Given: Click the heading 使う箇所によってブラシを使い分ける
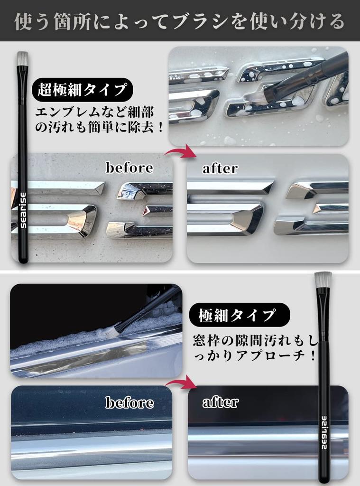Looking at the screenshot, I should tap(180, 21).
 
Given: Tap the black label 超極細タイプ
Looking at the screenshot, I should tap(82, 89).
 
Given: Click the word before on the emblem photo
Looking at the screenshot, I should tap(129, 168).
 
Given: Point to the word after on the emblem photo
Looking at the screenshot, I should tap(220, 168).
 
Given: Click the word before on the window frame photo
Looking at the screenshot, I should tap(129, 403).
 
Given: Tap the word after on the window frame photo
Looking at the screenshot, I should tap(220, 402).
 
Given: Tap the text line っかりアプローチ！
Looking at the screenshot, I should tap(254, 356).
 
